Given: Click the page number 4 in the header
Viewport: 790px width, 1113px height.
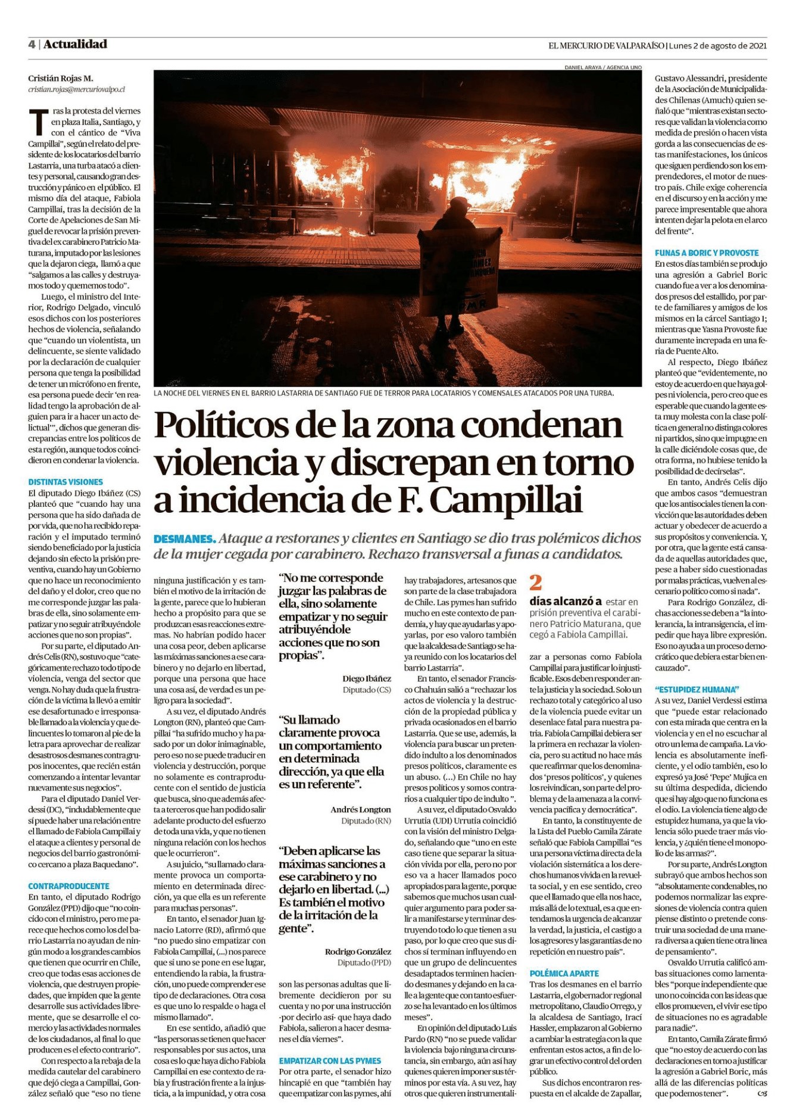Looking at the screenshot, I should (32, 44).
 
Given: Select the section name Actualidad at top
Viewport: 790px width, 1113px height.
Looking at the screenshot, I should (75, 44).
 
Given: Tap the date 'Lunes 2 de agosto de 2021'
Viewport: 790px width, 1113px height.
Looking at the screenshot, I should (717, 45).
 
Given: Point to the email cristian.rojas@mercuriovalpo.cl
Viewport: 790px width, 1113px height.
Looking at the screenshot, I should (76, 89).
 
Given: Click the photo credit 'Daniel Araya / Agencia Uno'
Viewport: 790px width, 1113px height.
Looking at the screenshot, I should (603, 67).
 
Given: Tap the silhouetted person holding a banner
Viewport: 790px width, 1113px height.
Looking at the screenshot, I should (454, 262).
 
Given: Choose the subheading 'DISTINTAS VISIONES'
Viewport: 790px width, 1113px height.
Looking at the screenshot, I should (65, 482).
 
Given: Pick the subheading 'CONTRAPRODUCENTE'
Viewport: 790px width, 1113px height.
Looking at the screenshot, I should (68, 886).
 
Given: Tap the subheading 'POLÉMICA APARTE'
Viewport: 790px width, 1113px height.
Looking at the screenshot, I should (564, 973).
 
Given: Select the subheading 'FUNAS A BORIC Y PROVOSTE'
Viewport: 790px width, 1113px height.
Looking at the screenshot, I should (707, 252).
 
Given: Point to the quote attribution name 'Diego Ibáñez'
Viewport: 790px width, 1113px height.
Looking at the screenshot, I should (367, 678).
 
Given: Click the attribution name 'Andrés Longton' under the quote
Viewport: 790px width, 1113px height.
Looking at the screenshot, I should (361, 809).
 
